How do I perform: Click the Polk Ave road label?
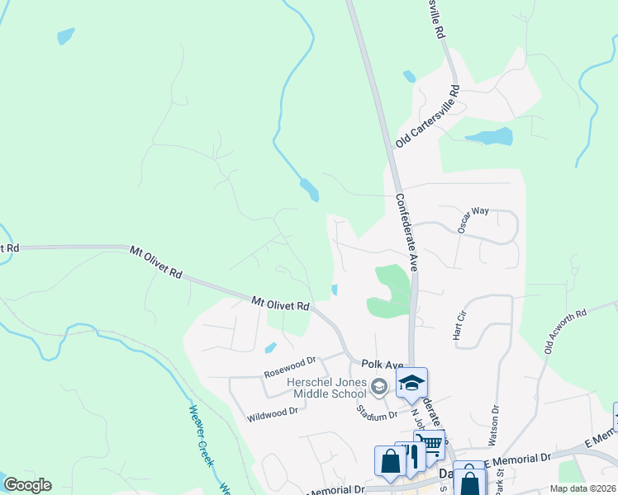click(382, 365)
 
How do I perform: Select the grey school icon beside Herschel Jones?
click(379, 385)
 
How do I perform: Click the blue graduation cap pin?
click(411, 383)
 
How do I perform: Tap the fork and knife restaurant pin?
click(411, 455)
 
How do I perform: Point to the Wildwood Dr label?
click(272, 412)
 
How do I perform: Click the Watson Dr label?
click(496, 420)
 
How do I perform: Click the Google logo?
click(27, 485)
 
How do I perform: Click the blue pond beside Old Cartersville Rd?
click(488, 136)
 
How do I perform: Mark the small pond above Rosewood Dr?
click(271, 347)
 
